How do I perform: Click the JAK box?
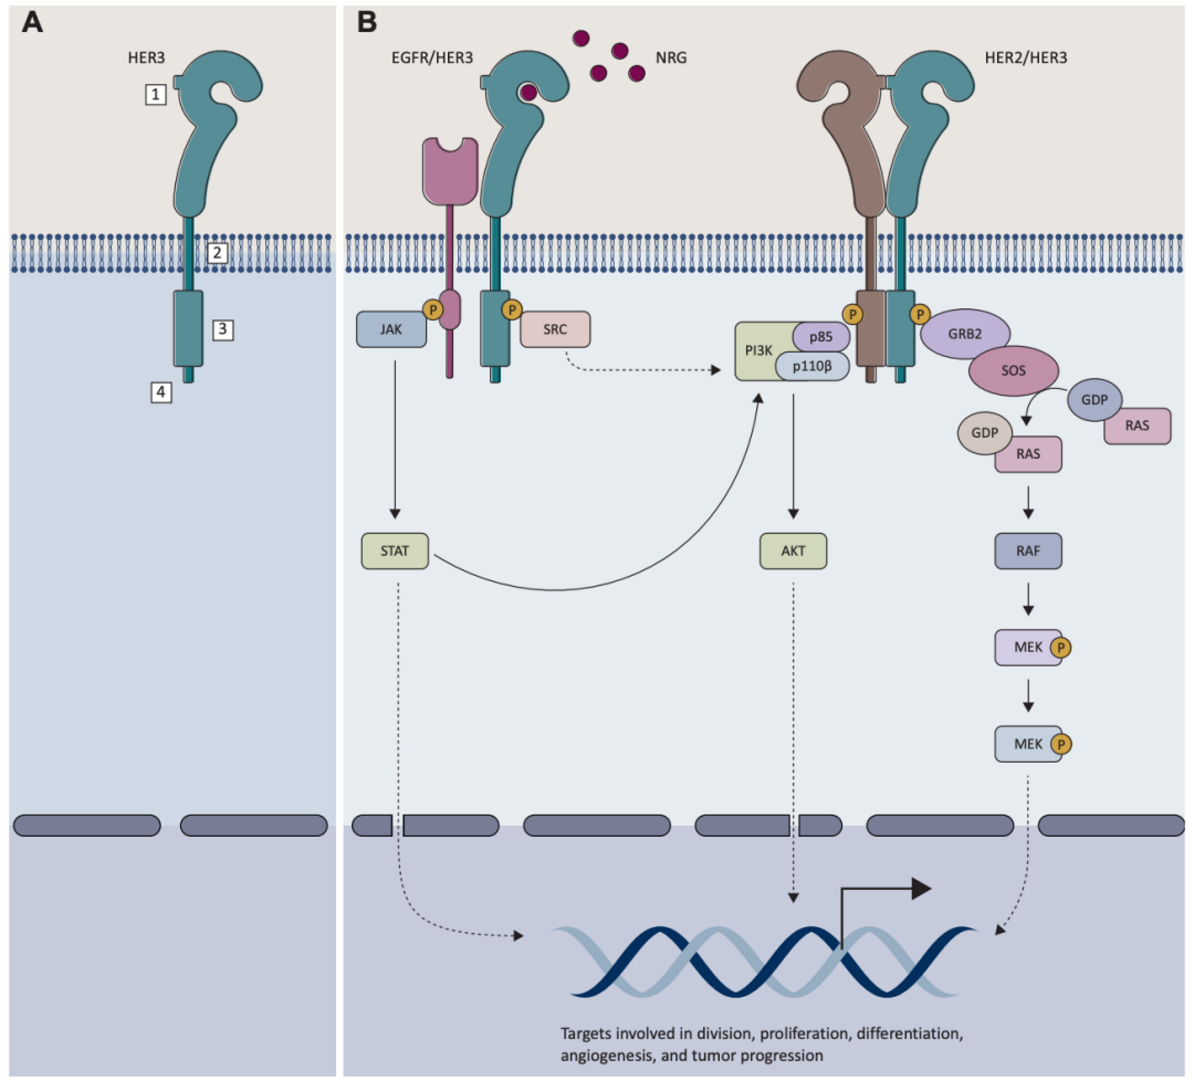(391, 329)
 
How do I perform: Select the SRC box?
(555, 329)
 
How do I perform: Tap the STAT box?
(395, 551)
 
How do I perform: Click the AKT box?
(793, 551)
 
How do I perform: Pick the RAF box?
(1028, 551)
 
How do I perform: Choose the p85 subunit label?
(821, 337)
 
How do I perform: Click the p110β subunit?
(812, 366)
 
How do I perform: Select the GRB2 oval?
(965, 333)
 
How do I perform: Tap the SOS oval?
(1013, 371)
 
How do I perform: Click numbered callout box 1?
(156, 94)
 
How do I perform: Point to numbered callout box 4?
(161, 392)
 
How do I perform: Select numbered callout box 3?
(223, 329)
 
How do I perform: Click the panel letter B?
(366, 23)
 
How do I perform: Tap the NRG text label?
(671, 57)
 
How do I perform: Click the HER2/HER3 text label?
(1026, 57)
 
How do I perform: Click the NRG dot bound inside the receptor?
(528, 92)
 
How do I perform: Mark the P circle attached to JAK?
(433, 309)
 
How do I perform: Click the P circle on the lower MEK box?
(1061, 744)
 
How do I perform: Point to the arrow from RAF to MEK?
(1028, 600)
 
